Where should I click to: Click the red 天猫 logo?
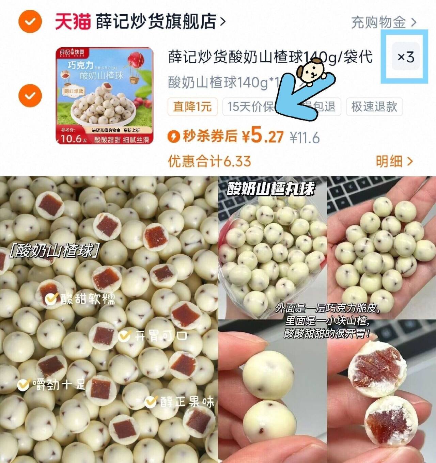pyautogui.click(x=73, y=21)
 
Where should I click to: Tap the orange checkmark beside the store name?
pyautogui.click(x=30, y=21)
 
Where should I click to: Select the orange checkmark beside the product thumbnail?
pyautogui.click(x=30, y=95)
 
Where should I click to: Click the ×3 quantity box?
pyautogui.click(x=406, y=57)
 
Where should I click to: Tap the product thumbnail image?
pyautogui.click(x=105, y=96)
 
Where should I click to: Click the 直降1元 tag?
pyautogui.click(x=192, y=107)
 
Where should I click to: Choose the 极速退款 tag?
pyautogui.click(x=374, y=107)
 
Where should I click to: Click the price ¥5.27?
pyautogui.click(x=263, y=137)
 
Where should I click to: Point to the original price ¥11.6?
pyautogui.click(x=305, y=138)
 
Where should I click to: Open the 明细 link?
pyautogui.click(x=394, y=161)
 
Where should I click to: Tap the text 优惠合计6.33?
pyautogui.click(x=209, y=161)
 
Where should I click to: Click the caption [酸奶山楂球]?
pyautogui.click(x=53, y=251)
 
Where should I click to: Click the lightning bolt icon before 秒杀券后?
pyautogui.click(x=174, y=137)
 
